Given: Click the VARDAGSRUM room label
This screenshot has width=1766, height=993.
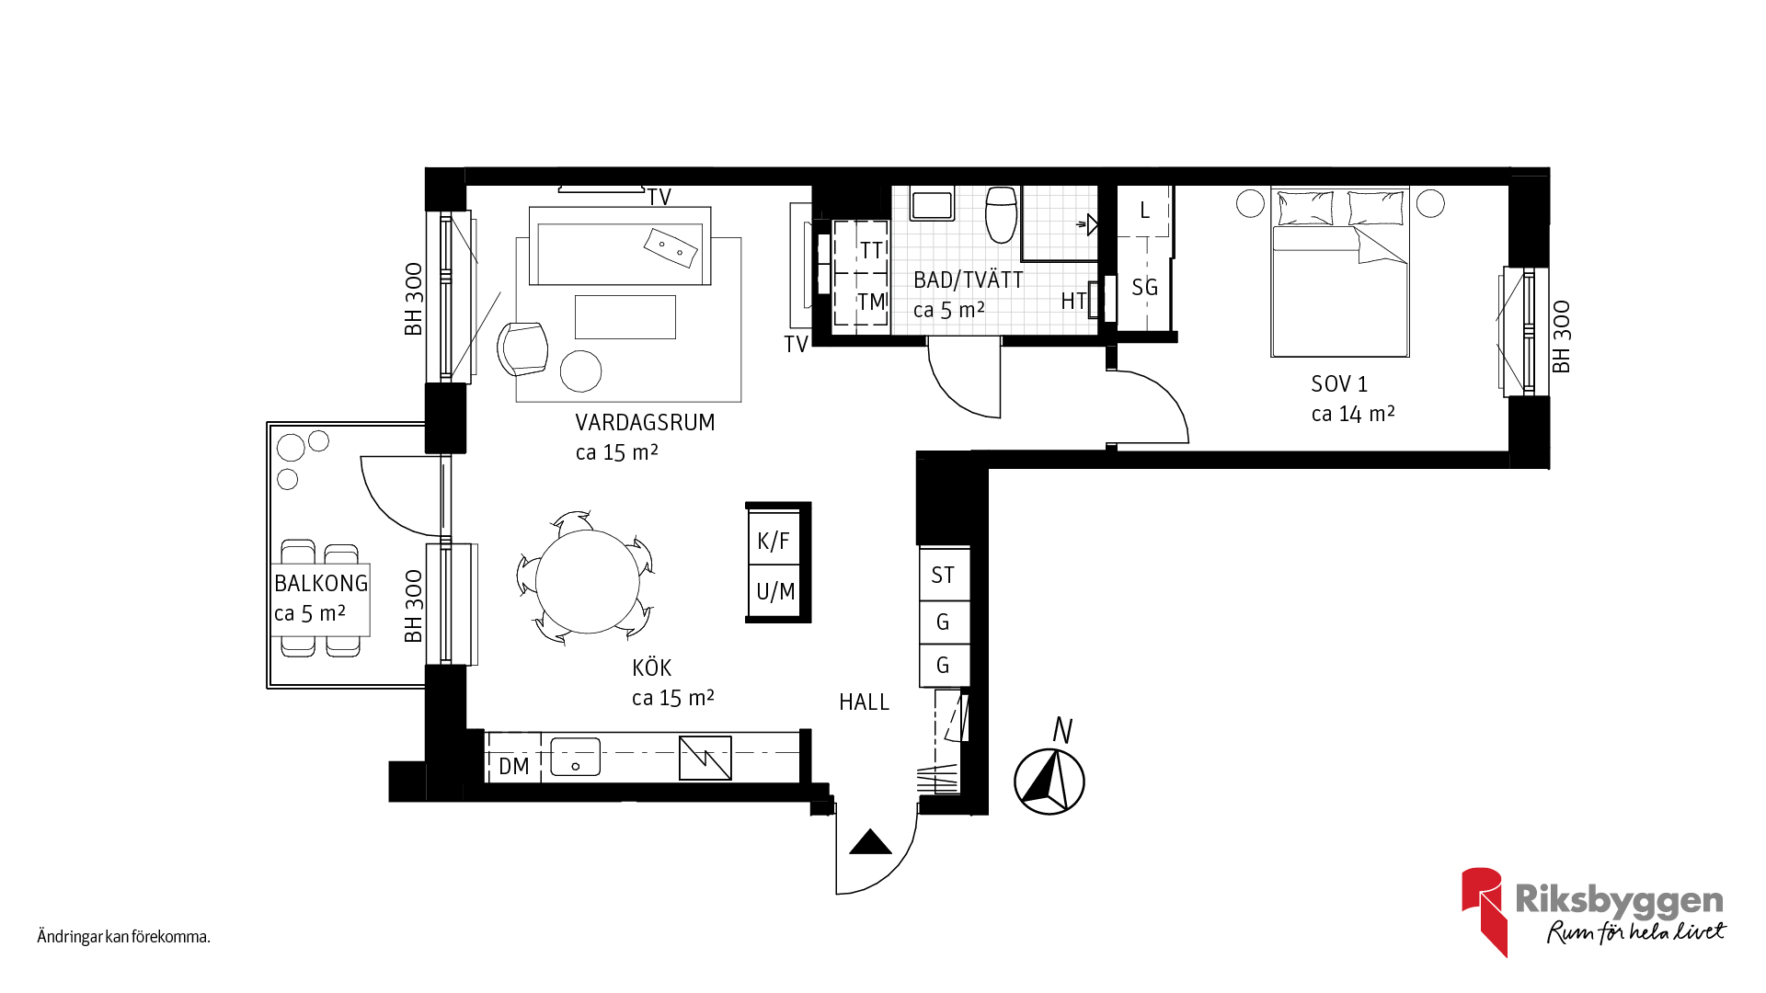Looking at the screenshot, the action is coord(645,423).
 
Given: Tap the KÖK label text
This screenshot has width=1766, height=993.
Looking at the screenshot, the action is coord(651,668).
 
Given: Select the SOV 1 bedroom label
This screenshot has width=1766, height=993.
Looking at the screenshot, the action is coord(1339,384).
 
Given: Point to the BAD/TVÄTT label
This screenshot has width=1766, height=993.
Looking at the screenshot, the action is coord(968,280).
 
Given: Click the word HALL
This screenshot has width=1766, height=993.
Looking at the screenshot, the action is coord(864,702).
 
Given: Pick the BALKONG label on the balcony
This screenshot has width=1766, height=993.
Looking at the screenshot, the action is coord(321,583).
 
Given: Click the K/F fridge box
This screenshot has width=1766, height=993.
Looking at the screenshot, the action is coord(774,541).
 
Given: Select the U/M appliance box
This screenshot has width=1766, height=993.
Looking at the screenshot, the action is coord(774,591).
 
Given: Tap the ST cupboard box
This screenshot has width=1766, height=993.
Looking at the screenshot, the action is coord(944,575).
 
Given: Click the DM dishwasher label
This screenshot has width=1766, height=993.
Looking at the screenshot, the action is coord(514,766).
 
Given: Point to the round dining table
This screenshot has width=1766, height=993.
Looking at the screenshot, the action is coord(588,581).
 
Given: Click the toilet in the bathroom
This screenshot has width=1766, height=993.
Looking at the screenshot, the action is coord(1001,213).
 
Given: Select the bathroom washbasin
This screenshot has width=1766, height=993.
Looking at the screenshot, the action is coord(932,203).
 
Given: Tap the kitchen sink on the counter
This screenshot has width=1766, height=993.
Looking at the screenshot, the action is coord(575,758).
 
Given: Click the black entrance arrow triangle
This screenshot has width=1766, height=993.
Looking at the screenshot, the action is coord(870,843).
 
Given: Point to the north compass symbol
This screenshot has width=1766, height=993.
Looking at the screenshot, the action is coord(1049,782).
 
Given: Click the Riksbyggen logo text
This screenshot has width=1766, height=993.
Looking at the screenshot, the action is coord(1619,900).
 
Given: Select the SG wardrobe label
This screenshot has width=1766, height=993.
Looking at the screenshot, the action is coord(1144,288).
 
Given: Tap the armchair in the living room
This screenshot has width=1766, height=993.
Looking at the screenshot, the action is coord(522,348).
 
